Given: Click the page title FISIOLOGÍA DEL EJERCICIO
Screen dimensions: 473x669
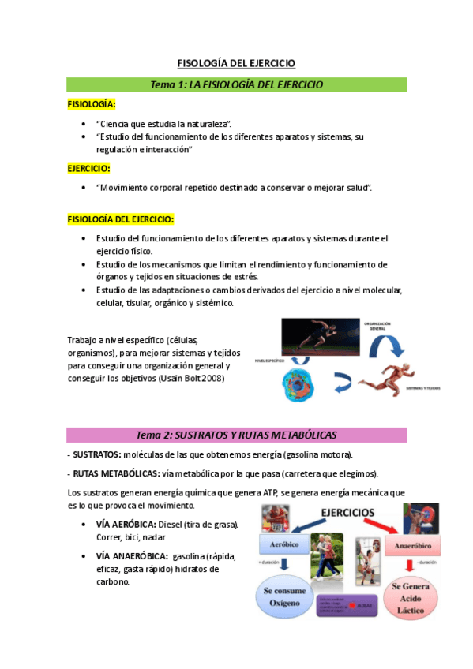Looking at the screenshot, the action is (235, 64).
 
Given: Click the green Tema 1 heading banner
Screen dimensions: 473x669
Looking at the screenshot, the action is (236, 84).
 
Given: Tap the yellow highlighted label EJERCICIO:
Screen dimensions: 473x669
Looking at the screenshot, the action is (88, 168).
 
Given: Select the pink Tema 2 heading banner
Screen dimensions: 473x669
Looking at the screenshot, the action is (236, 435).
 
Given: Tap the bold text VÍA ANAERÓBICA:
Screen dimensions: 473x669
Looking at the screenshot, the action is (131, 555).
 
